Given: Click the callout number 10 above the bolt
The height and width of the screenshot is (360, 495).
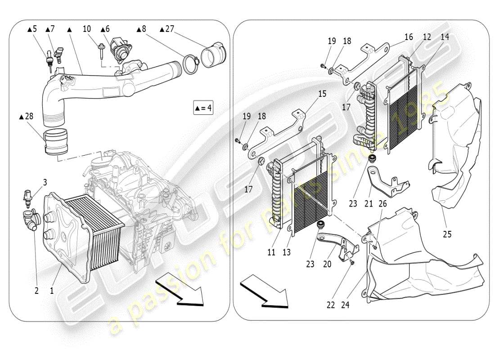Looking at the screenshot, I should (x=87, y=29).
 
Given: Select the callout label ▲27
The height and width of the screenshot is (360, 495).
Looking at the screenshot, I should (x=166, y=29).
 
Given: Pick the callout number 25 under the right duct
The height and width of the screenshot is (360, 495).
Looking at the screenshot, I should (x=447, y=234).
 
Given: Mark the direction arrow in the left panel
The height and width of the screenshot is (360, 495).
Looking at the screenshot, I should (x=180, y=290).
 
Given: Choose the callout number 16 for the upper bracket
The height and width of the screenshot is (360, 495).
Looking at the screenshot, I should (x=408, y=37).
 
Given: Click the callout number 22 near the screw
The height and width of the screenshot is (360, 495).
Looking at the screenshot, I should (x=331, y=305).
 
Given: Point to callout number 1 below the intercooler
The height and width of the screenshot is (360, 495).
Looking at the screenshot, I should (x=52, y=291).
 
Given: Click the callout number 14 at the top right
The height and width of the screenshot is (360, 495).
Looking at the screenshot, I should (x=445, y=37).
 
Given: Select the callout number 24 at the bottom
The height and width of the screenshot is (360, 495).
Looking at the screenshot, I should (x=345, y=305).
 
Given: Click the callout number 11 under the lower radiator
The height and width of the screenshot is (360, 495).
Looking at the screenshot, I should (x=271, y=252).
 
